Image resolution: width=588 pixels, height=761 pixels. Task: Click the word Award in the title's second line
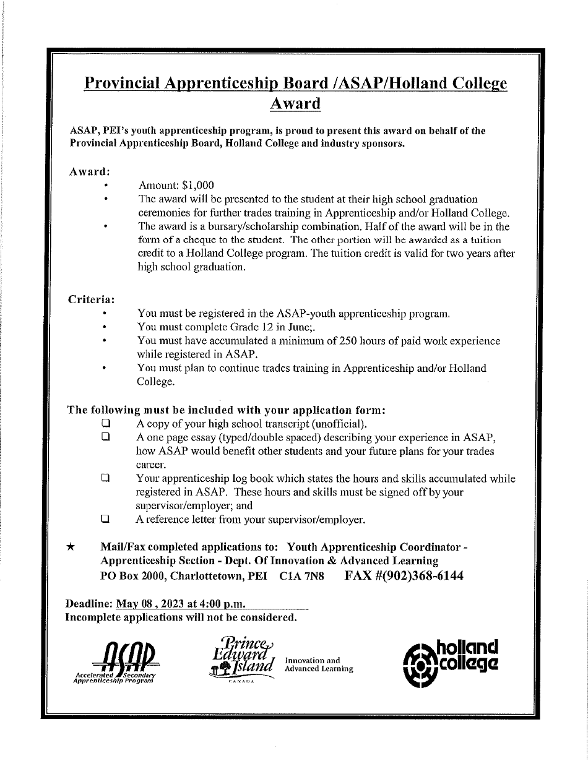295,103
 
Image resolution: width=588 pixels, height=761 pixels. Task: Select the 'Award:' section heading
90,171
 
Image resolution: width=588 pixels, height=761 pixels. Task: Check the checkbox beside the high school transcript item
105,424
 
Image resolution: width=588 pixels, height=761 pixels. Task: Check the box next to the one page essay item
105,437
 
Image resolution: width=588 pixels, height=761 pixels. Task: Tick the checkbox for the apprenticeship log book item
105,478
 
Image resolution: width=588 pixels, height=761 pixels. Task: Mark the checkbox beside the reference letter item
105,519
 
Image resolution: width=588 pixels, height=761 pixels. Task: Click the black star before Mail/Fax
71,547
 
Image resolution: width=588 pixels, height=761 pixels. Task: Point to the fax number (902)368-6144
426,576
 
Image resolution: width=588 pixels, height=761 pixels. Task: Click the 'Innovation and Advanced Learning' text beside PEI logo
319,664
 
